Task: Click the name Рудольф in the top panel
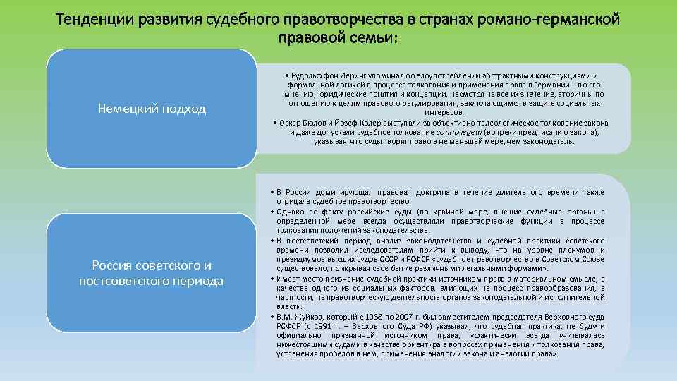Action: [306, 75]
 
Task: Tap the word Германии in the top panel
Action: [520, 85]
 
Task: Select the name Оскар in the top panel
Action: [288, 123]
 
